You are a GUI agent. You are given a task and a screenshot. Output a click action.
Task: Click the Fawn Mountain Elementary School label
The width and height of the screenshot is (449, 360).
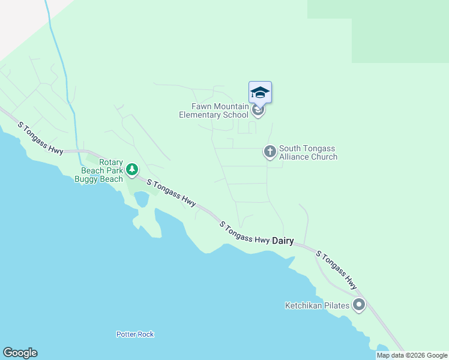(213, 110)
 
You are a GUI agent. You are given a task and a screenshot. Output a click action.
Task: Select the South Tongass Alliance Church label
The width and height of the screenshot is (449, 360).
(308, 152)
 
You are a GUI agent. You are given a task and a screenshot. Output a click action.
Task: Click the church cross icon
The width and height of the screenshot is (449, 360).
(270, 152)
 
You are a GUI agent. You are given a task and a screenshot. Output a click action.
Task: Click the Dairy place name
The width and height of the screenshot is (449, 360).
(283, 241)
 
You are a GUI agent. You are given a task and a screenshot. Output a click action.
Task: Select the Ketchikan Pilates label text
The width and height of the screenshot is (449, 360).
(317, 305)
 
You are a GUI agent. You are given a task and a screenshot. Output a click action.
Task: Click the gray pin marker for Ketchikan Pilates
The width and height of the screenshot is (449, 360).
(359, 305)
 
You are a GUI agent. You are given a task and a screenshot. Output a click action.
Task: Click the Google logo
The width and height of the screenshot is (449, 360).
(20, 353)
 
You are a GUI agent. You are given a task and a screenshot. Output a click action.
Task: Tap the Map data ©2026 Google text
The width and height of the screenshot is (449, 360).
(412, 355)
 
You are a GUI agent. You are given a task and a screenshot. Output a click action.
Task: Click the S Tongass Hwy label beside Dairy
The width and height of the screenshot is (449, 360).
(244, 232)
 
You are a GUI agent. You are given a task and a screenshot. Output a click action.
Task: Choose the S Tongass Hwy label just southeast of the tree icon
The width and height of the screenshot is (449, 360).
(170, 194)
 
